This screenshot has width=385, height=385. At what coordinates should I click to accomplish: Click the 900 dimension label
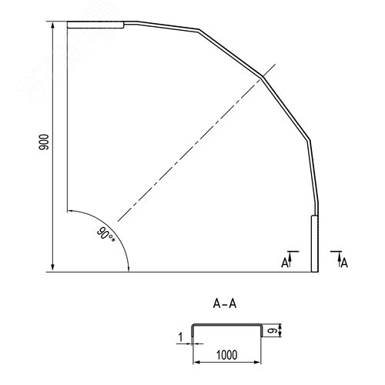point(44,142)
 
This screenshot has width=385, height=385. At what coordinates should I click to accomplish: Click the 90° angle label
point(106,234)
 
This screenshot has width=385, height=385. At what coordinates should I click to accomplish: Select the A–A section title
point(225,304)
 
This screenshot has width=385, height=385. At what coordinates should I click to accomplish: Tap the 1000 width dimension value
point(226,355)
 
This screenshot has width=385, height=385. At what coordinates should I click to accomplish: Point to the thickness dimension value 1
point(180,337)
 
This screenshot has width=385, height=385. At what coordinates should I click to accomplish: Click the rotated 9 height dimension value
point(271,331)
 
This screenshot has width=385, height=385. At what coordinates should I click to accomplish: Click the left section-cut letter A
point(285,263)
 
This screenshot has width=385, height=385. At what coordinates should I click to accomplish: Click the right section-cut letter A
point(344,263)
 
